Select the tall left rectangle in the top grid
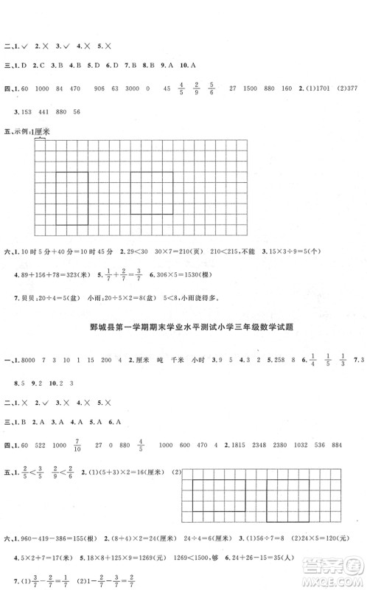[x=73, y=193]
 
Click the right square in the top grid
[x=152, y=193]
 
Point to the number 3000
[x=127, y=89]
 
